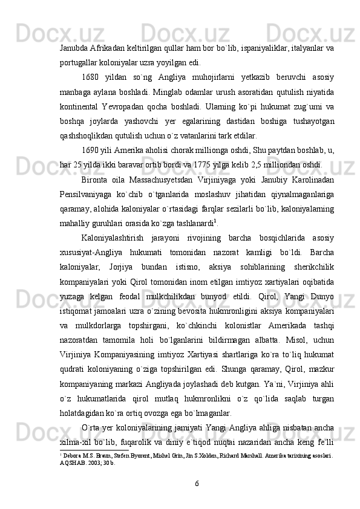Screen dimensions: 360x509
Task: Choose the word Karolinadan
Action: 312,187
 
